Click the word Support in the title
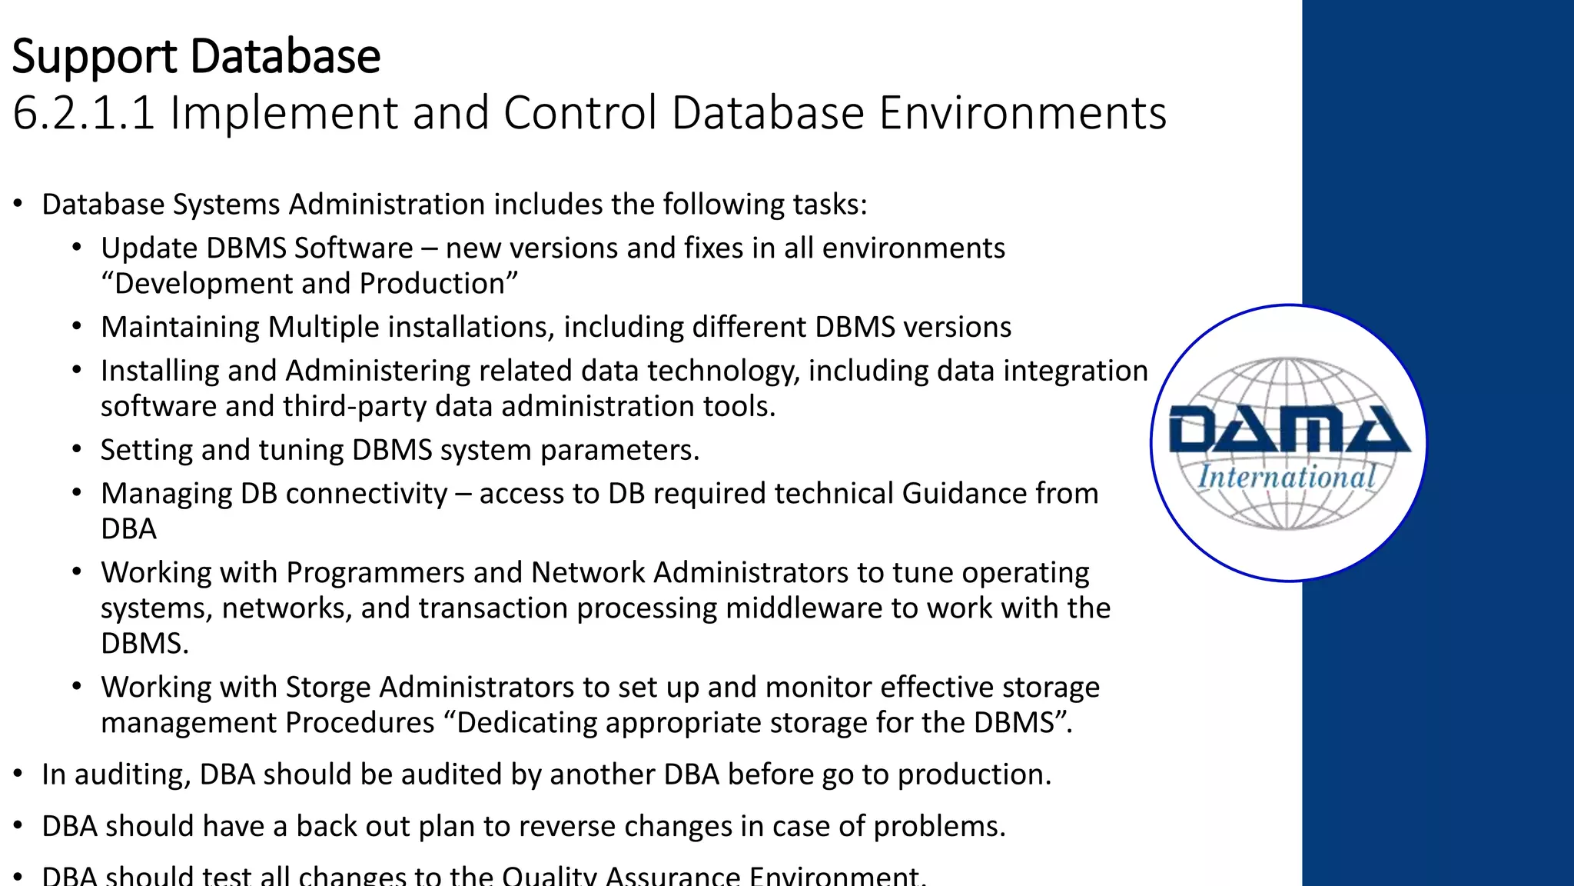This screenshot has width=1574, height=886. pos(95,58)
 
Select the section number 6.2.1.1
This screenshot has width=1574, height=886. pos(84,113)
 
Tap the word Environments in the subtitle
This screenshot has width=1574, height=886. pos(1022,113)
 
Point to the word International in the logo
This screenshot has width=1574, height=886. pos(1287,477)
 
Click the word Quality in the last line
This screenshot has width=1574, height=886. pos(544,875)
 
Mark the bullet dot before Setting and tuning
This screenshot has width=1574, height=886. pos(77,449)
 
